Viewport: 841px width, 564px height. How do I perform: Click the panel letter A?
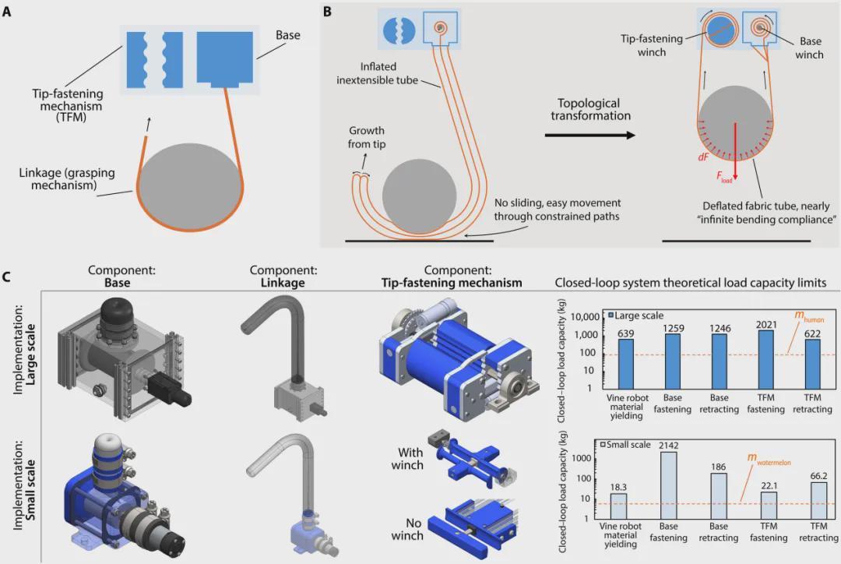8,12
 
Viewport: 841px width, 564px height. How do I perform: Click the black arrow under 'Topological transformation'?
588,135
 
